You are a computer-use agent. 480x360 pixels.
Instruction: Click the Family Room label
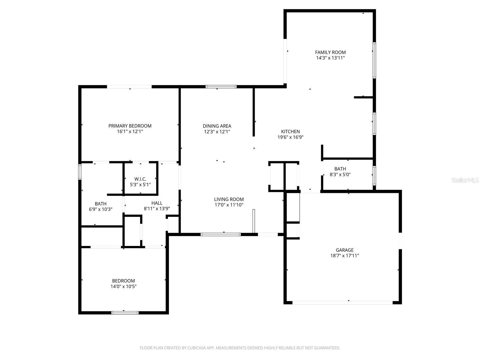coord(330,52)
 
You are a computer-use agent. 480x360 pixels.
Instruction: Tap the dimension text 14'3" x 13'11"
coord(330,58)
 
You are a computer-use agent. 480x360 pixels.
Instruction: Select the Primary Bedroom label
coord(130,126)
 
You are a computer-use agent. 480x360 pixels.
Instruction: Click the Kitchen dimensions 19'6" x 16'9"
coord(290,137)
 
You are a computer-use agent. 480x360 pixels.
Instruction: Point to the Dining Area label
coord(217,126)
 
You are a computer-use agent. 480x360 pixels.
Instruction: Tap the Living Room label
coord(229,199)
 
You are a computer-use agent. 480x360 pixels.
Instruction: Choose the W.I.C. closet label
coord(140,179)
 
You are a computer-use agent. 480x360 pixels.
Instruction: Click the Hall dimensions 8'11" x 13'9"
coord(157,209)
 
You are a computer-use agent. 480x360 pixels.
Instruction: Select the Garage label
coord(344,250)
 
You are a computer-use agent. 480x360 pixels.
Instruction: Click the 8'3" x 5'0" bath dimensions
coord(340,174)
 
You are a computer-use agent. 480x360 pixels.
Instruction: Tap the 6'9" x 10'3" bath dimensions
coord(100,209)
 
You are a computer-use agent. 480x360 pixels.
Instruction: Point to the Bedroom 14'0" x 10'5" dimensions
coord(123,286)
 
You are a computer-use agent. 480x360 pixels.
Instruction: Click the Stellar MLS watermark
coord(465,180)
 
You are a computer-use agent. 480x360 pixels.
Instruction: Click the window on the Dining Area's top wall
coord(221,87)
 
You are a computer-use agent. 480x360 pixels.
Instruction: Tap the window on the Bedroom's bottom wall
coord(125,313)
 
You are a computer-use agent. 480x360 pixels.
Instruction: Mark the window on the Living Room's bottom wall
coord(220,234)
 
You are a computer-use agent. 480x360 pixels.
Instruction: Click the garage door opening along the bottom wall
coord(342,302)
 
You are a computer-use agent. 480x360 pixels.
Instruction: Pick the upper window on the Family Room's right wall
coord(374,60)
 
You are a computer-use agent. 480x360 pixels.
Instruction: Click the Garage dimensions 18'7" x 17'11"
coord(344,256)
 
